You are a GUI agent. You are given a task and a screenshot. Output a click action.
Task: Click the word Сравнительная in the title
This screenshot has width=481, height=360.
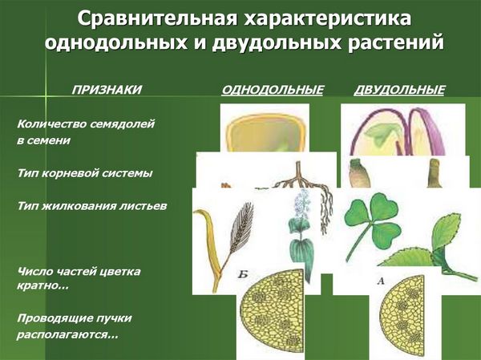click(x=157, y=18)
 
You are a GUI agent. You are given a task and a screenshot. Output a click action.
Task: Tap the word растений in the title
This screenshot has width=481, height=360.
click(x=396, y=42)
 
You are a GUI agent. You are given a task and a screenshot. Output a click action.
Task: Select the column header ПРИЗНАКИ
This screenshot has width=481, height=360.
click(x=107, y=90)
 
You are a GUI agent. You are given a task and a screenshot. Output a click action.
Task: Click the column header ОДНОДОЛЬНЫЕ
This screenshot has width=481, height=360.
click(x=273, y=90)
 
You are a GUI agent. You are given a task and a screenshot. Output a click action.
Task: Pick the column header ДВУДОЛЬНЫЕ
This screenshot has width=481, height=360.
click(x=399, y=90)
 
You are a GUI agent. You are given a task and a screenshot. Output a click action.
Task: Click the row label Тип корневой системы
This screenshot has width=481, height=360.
click(x=85, y=173)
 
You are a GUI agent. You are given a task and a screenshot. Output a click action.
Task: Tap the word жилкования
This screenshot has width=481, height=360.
click(x=77, y=205)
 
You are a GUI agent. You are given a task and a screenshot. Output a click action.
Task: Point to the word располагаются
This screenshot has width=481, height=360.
click(x=67, y=334)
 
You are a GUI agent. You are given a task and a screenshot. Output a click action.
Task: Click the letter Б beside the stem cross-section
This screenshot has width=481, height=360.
click(x=243, y=274)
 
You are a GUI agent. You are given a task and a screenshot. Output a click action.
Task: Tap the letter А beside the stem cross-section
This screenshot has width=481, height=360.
click(x=380, y=281)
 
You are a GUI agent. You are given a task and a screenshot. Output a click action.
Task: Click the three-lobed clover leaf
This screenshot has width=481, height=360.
click(x=373, y=220)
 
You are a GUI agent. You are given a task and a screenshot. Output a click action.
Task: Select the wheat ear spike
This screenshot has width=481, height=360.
click(x=242, y=226)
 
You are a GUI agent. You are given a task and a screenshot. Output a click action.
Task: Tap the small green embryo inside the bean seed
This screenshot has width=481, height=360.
click(x=378, y=134)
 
